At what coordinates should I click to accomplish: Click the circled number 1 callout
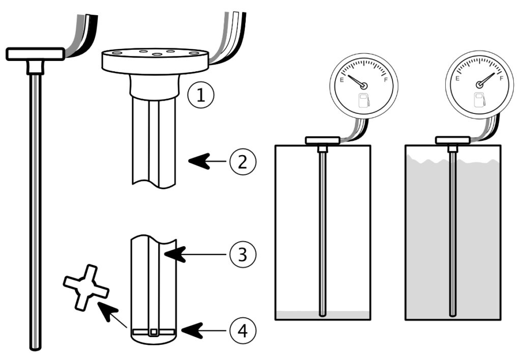(200, 95)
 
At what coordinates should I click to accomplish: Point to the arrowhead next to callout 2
(198, 162)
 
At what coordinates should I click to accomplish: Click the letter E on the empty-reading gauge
(342, 79)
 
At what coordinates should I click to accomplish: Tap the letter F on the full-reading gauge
(502, 79)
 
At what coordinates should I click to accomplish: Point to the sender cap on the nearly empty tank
(322, 140)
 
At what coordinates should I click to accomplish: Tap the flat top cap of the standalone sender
(35, 53)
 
